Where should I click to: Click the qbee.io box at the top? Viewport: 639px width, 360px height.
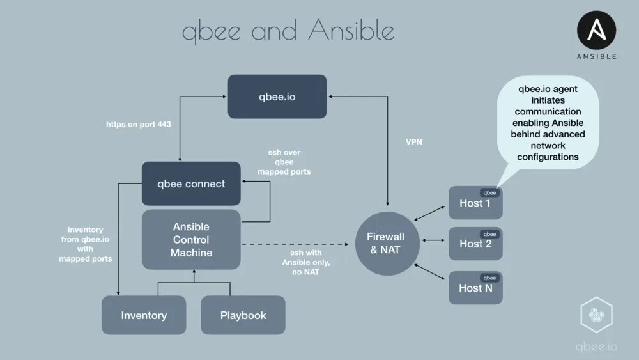pos(277,97)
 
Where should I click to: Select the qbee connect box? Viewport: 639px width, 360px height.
pos(191,184)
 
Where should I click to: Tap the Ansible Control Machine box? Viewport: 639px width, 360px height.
pos(191,239)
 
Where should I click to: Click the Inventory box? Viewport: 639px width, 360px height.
pos(144,315)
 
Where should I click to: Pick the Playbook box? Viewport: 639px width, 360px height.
pos(243,315)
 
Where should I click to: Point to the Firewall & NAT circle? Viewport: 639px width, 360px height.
pos(385,244)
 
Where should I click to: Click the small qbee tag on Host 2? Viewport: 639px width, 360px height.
pos(489,234)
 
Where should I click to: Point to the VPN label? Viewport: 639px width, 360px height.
pos(414,142)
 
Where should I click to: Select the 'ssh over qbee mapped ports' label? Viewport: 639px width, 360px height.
pos(284,162)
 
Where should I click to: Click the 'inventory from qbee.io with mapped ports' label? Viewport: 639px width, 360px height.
pos(85,244)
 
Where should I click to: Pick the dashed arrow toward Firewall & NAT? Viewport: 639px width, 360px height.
pos(298,244)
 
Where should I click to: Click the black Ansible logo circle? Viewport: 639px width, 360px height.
pos(597,31)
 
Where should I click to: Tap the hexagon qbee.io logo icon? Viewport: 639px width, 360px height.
pos(596,316)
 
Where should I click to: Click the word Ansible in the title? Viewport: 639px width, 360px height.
pos(351,31)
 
